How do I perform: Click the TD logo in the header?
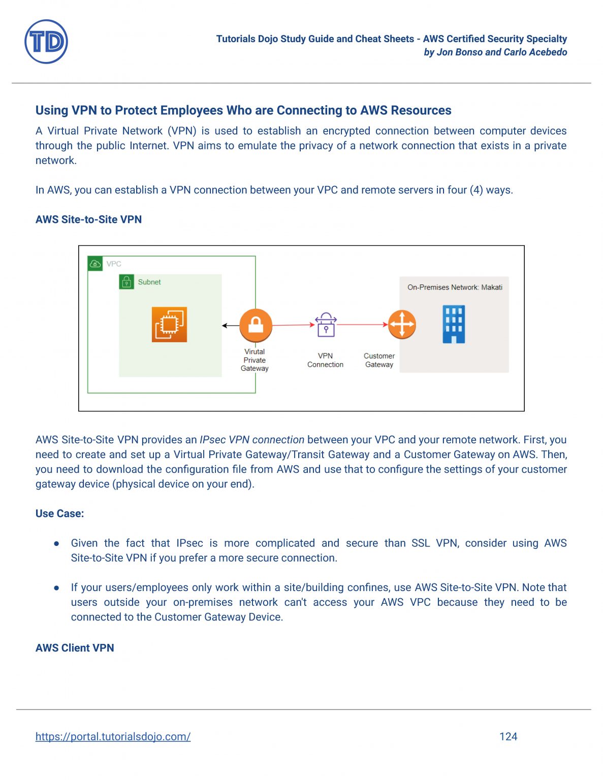coord(46,42)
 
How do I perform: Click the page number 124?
coord(508,736)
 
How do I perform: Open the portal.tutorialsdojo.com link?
coord(113,736)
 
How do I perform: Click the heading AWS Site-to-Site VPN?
coord(88,219)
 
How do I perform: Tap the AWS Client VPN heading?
coord(75,648)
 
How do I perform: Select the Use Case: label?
coord(59,513)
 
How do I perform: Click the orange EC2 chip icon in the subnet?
coord(169,324)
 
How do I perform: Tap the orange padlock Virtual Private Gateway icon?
coord(256,325)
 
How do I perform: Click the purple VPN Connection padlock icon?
coord(326,324)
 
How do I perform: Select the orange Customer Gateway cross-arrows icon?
coord(402,324)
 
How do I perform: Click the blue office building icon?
coord(454,324)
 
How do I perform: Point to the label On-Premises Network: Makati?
coord(455,287)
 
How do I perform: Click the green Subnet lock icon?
coord(126,282)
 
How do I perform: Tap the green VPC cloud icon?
coord(95,264)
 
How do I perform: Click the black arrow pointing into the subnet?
coord(230,326)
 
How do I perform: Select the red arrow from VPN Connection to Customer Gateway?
coord(362,324)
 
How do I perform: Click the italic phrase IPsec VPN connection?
coord(252,440)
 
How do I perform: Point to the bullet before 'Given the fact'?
coord(57,543)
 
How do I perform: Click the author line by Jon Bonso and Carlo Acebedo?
coord(495,52)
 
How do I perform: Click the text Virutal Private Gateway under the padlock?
coord(255,360)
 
